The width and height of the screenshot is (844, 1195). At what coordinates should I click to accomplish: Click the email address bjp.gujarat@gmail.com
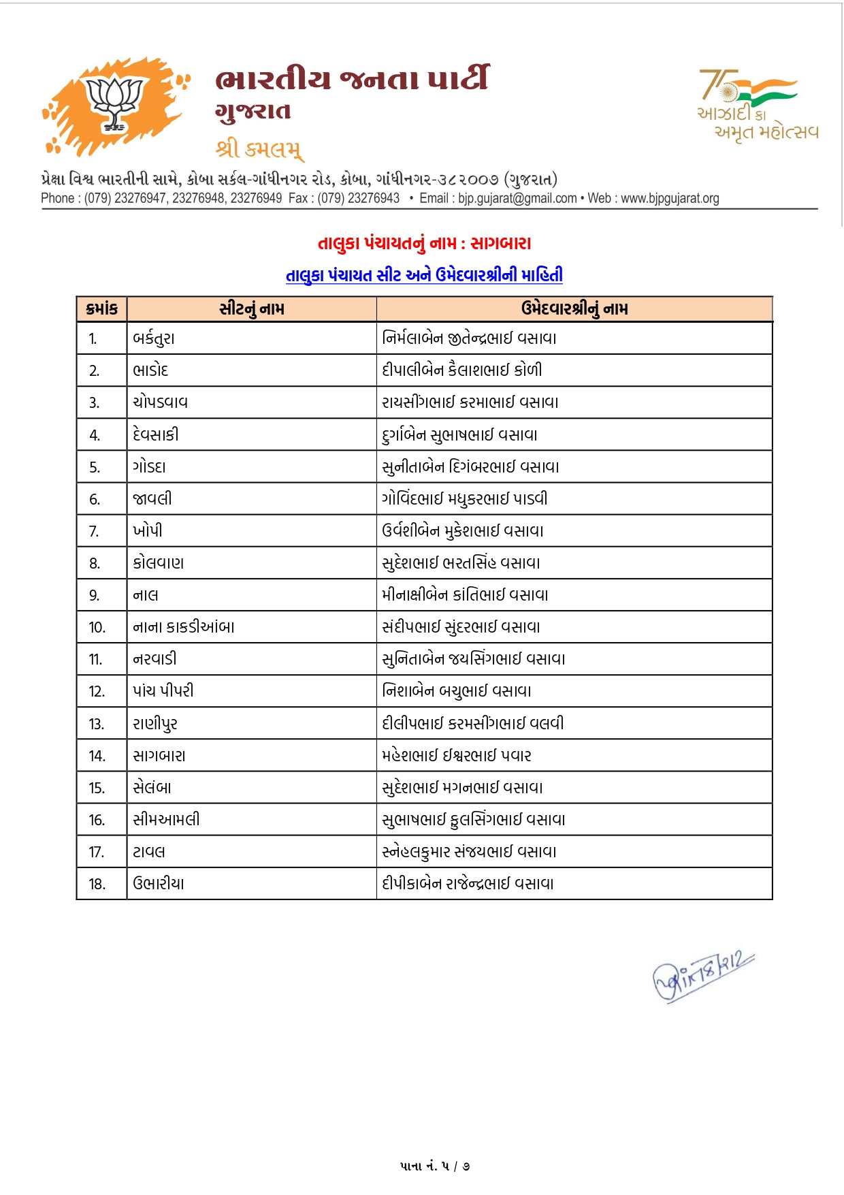(x=517, y=198)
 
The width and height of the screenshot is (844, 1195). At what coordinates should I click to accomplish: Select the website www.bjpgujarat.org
(x=670, y=198)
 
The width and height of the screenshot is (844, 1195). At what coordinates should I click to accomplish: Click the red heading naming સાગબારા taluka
(x=424, y=243)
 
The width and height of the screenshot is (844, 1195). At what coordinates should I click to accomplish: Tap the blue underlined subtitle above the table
(x=424, y=275)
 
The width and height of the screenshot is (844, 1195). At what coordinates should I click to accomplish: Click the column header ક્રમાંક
(x=102, y=309)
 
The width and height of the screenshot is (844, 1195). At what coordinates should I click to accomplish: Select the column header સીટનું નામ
(x=252, y=309)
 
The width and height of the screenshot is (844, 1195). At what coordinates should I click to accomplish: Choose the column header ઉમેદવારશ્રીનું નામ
(x=574, y=309)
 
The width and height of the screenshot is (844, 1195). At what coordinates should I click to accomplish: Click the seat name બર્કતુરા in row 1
(x=154, y=338)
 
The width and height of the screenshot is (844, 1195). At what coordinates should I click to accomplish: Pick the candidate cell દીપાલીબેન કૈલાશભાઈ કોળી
(x=462, y=370)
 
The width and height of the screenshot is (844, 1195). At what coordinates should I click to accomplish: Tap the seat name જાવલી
(x=152, y=499)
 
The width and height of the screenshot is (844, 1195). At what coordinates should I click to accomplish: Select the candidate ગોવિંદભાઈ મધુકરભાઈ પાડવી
(x=464, y=499)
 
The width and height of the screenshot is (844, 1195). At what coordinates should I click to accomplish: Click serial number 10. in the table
(x=97, y=628)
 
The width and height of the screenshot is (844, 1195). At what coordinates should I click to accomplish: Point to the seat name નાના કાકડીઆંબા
(x=184, y=627)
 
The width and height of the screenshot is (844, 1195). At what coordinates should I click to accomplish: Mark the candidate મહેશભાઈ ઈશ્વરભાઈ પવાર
(x=457, y=756)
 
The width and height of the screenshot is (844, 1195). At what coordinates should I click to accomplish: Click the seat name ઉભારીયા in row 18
(x=159, y=884)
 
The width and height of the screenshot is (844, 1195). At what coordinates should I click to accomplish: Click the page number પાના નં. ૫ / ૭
(x=435, y=1166)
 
